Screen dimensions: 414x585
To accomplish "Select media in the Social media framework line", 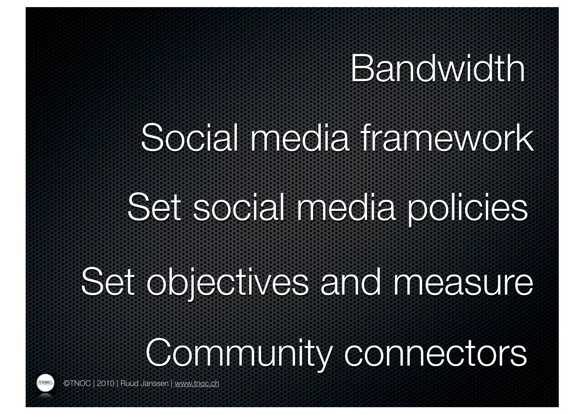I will [x=300, y=138].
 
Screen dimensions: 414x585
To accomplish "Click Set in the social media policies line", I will [x=154, y=208].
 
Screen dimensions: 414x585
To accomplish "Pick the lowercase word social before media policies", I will [x=239, y=208].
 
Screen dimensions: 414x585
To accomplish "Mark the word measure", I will [x=463, y=282].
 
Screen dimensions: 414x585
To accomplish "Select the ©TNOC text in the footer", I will [x=77, y=383].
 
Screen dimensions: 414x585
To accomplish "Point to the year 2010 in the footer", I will [x=105, y=383].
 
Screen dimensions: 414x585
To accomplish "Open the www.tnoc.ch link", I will [x=197, y=383].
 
